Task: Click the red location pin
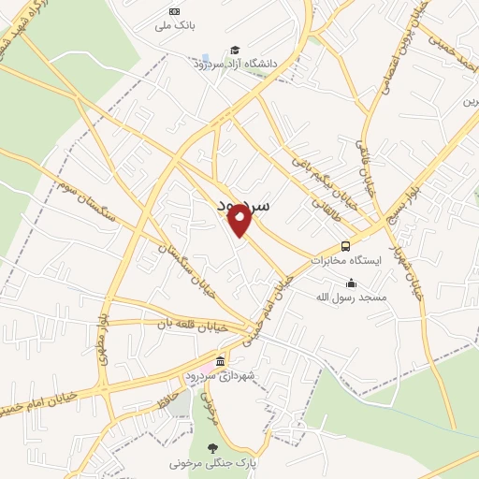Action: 240,220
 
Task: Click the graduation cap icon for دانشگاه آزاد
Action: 234,50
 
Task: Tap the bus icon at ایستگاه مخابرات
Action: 346,246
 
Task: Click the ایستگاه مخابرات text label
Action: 347,261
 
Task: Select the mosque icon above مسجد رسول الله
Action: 351,283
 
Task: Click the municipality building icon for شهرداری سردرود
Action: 220,362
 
